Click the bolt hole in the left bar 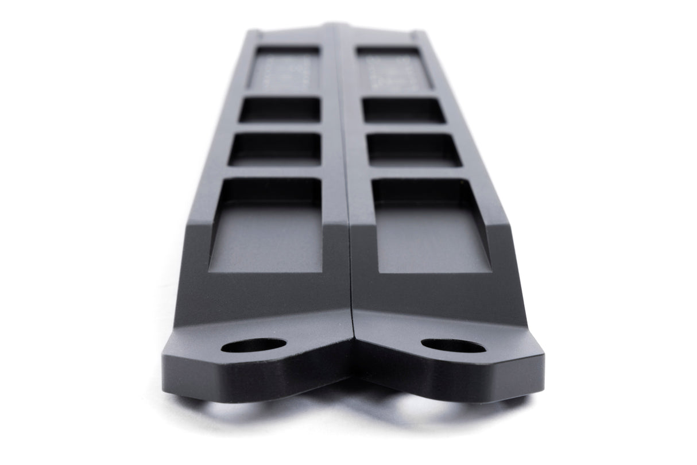tap(253, 345)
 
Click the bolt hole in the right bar tap(453, 346)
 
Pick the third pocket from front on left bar tap(280, 109)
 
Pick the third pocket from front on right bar tap(403, 110)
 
